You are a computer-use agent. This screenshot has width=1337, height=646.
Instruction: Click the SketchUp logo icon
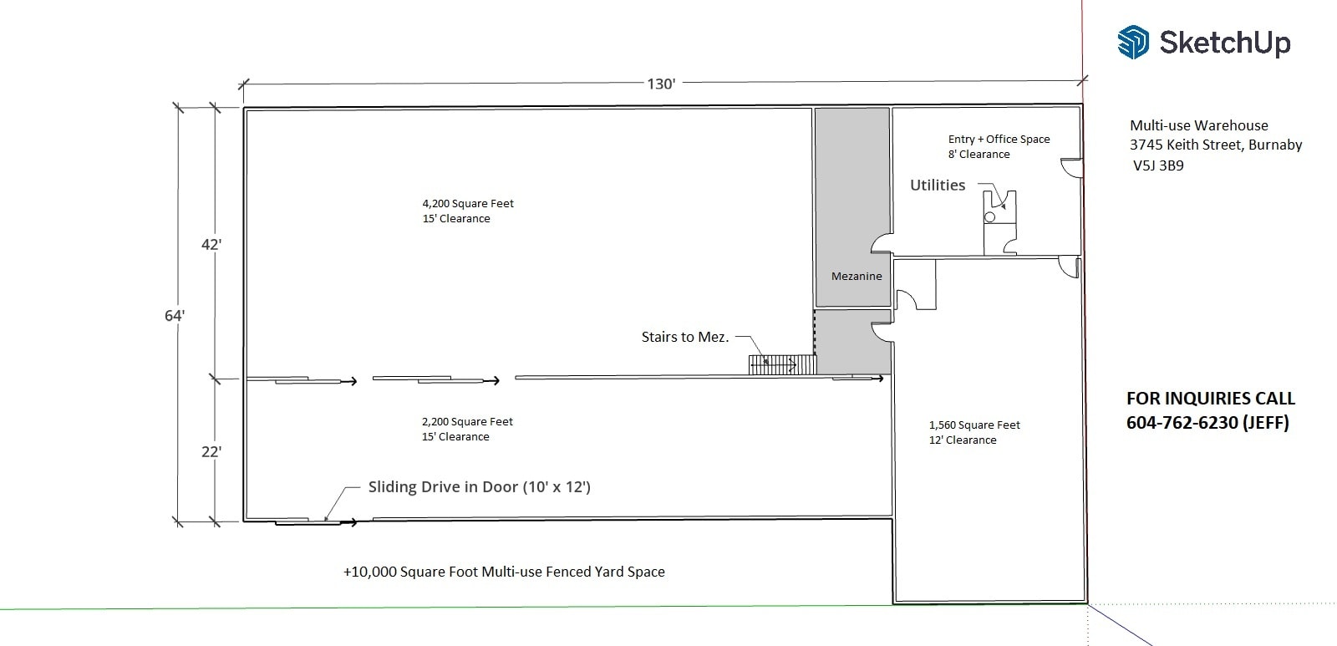[x=1133, y=42]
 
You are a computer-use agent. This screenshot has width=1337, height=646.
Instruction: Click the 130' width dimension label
[x=661, y=84]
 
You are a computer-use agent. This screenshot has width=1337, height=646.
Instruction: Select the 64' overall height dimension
[x=174, y=315]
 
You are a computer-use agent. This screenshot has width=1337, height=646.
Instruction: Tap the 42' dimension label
[x=211, y=244]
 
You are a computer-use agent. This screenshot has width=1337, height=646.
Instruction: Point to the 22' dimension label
[x=211, y=451]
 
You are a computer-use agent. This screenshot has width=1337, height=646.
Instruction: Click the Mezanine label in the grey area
[x=857, y=276]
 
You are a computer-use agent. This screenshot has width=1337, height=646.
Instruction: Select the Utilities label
[x=938, y=185]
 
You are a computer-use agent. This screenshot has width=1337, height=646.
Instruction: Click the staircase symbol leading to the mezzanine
[x=781, y=364]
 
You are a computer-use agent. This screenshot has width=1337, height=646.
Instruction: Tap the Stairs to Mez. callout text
[x=684, y=337]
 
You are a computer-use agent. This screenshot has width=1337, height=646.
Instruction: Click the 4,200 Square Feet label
[x=468, y=203]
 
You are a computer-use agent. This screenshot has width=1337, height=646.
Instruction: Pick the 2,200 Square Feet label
[x=467, y=422]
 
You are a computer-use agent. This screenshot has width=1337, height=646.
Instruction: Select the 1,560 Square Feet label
[x=974, y=425]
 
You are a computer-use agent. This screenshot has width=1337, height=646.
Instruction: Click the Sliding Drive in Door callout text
[x=479, y=486]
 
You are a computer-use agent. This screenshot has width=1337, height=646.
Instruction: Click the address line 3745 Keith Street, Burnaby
[x=1216, y=145]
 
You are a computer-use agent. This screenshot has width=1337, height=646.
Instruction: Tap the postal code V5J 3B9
[x=1158, y=165]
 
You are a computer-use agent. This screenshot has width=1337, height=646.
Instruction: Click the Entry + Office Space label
[x=999, y=140]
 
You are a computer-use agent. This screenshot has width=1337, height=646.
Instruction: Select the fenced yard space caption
[x=504, y=572]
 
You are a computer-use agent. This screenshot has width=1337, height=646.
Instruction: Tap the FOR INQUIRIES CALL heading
[x=1210, y=399]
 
